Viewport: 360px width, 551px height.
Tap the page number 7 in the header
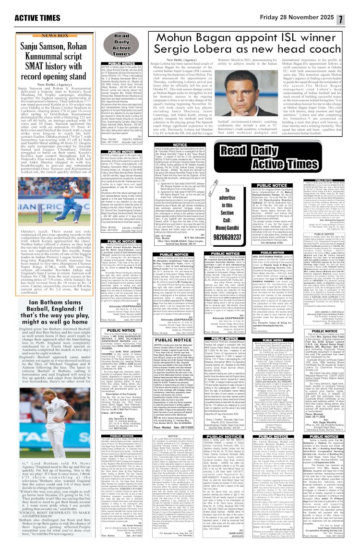353,7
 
